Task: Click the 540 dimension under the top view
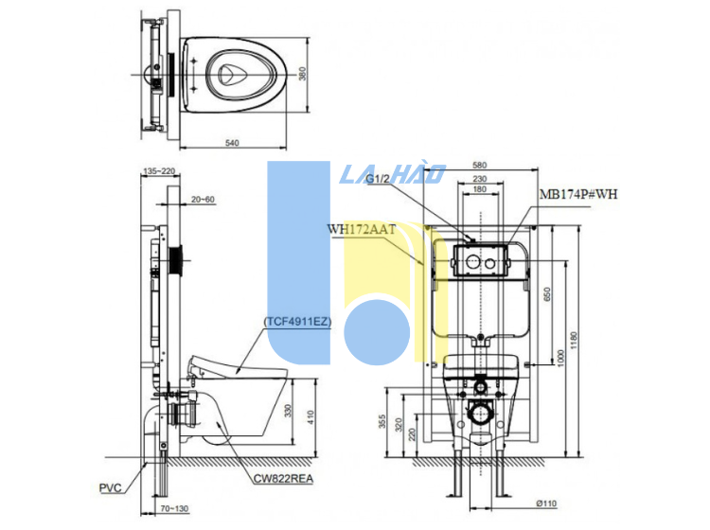[x=232, y=143]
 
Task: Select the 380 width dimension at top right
[x=303, y=74]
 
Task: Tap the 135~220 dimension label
[x=158, y=172]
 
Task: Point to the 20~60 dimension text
[x=203, y=200]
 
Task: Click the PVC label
[x=111, y=489]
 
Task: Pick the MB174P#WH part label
[x=577, y=194]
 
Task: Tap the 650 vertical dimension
[x=546, y=295]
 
